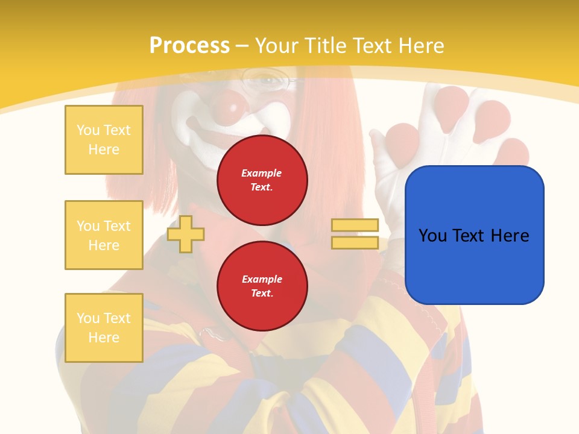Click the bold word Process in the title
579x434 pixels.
coord(189,46)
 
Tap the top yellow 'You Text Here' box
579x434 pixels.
coord(104,140)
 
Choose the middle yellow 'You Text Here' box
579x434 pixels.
coord(104,235)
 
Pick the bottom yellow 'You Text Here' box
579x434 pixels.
coord(104,328)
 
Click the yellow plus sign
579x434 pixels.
coord(186,234)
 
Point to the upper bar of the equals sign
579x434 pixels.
coord(355,225)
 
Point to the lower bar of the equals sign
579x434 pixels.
coord(355,243)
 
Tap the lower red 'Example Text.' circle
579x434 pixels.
coord(262,286)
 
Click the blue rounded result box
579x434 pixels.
coord(474,235)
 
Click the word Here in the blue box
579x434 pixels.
coord(510,236)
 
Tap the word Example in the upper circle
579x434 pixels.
coord(262,173)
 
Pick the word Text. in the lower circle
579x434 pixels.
coord(262,294)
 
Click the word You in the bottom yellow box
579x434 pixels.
coord(88,318)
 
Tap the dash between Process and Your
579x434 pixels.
coord(242,46)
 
